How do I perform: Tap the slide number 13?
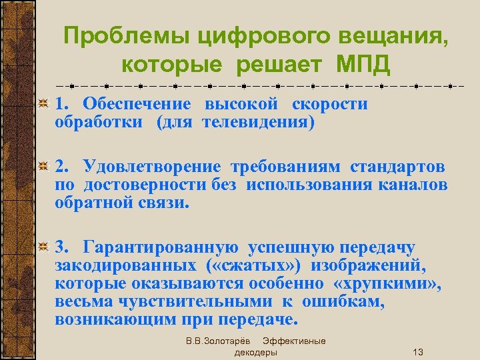pos(418,352)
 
